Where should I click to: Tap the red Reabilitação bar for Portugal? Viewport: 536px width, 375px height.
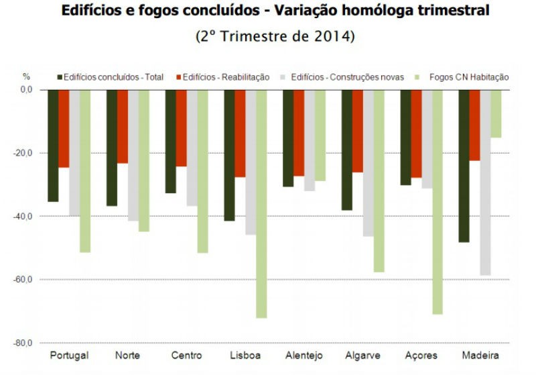coord(64,128)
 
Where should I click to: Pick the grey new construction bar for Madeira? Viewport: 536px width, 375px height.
coord(485,182)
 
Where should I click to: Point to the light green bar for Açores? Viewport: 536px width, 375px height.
coord(438,201)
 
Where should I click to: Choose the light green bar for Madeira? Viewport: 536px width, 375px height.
coord(496,113)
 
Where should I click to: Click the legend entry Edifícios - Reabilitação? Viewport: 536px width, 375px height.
coord(225,77)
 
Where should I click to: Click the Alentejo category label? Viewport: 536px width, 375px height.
coord(304,355)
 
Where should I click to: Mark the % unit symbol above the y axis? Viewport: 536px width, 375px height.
coord(27,76)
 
